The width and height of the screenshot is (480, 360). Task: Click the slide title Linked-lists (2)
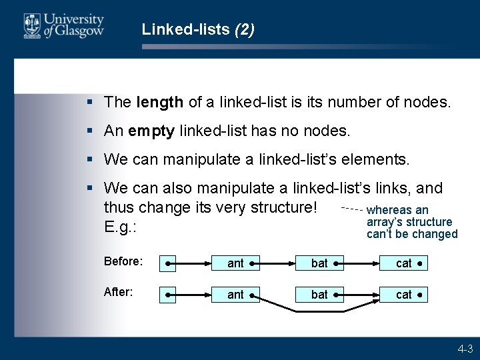pos(198,29)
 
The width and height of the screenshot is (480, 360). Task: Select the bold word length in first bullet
pos(159,103)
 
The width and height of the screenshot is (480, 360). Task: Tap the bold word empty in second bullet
pos(151,131)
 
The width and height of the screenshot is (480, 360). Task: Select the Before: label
pos(123,262)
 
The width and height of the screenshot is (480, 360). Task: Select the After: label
pos(119,292)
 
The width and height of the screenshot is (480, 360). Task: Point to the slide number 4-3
pos(465,349)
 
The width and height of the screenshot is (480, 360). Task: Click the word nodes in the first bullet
pos(431,103)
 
